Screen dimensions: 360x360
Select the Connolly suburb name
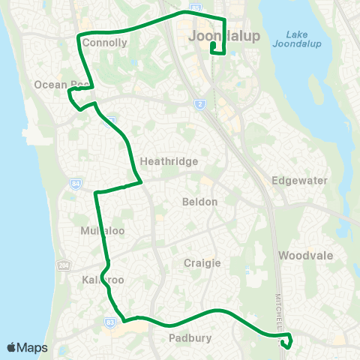tap(105, 43)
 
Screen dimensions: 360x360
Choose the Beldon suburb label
tap(199, 202)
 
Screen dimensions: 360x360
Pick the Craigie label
tap(202, 262)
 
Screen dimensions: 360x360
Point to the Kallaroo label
tap(100, 279)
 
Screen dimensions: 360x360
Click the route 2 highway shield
tap(200, 104)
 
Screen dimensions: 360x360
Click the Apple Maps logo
tap(28, 347)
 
